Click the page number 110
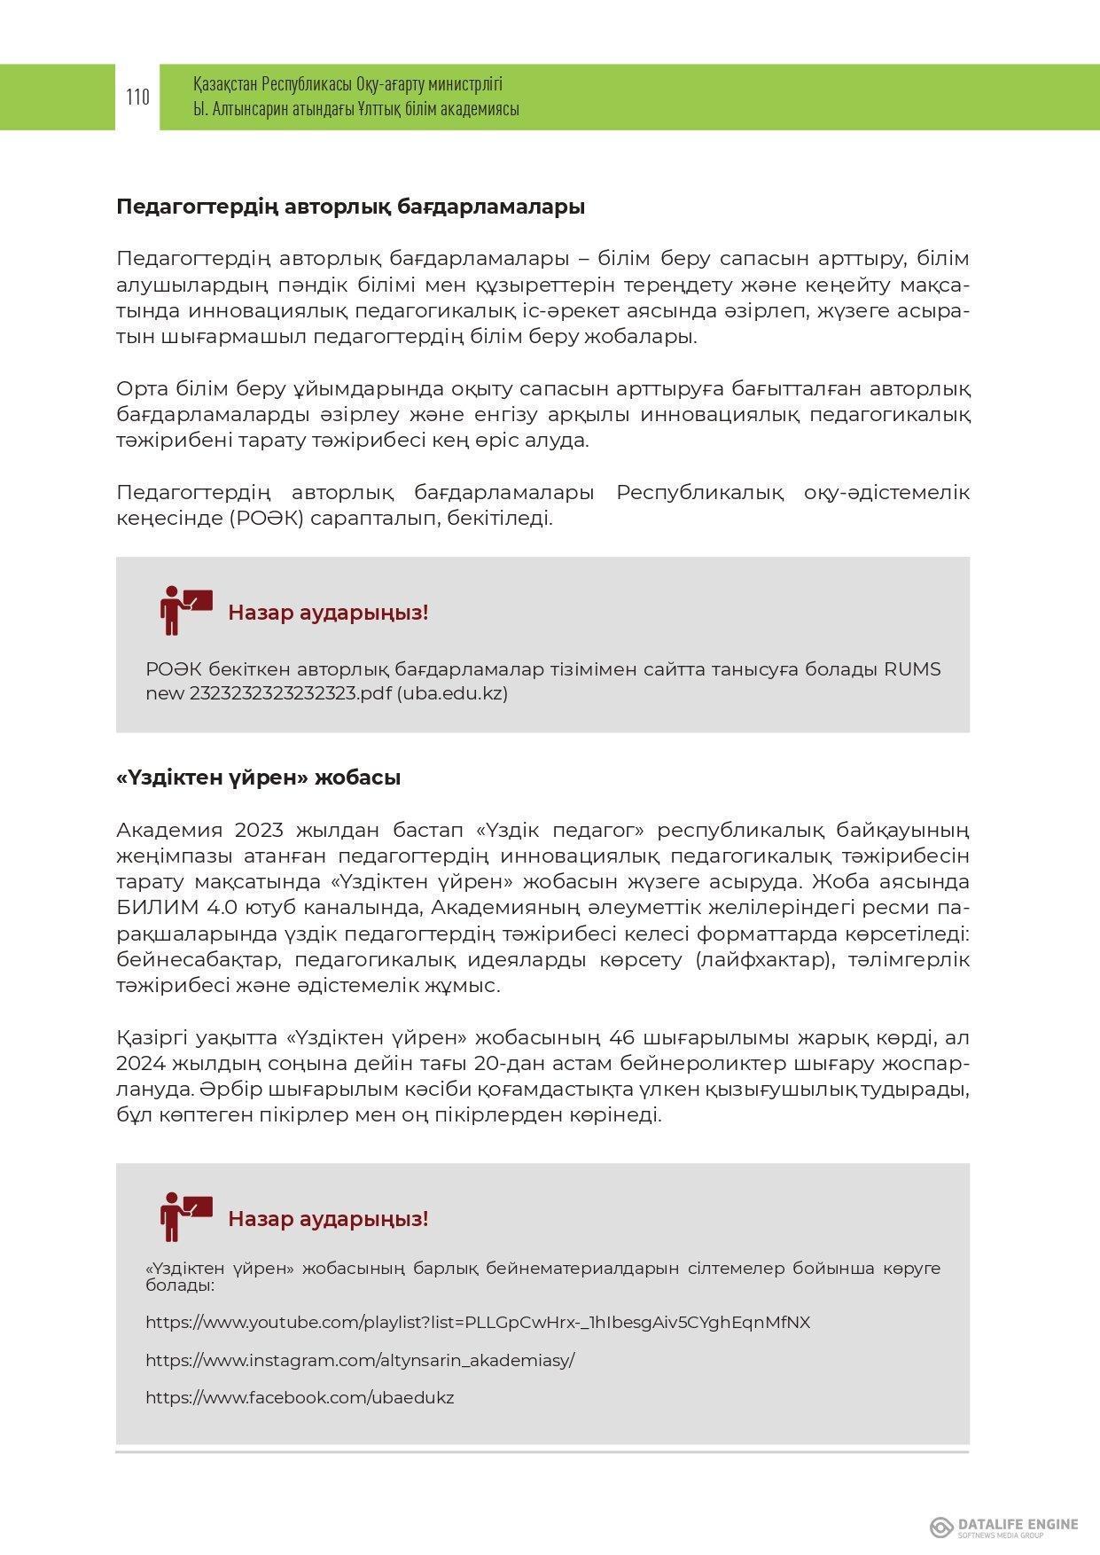point(137,97)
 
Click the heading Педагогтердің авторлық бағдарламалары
point(350,207)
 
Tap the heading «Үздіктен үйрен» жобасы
point(258,777)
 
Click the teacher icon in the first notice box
point(185,610)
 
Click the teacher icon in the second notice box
point(185,1216)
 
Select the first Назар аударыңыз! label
point(328,613)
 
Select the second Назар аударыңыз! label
point(328,1219)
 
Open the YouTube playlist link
point(478,1323)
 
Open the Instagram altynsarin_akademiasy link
point(360,1360)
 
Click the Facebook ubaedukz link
point(300,1398)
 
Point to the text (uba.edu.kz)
point(452,693)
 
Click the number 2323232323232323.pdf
point(290,693)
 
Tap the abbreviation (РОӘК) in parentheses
point(266,519)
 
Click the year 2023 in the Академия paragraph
point(259,831)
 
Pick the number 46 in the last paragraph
point(624,1038)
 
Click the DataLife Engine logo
point(1003,1527)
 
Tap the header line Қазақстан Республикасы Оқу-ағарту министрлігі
point(347,84)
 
